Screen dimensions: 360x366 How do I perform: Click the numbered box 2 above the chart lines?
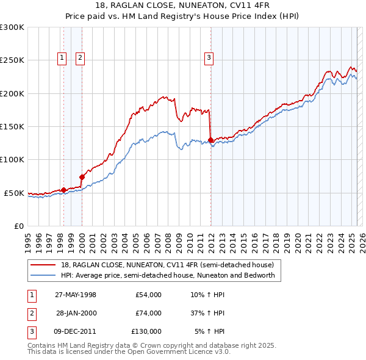point(81,58)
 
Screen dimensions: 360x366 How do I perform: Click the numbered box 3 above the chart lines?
point(209,58)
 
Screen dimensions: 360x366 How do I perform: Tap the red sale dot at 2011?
point(210,140)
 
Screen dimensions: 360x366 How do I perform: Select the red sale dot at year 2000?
point(82,177)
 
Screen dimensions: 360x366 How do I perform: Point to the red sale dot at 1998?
point(63,190)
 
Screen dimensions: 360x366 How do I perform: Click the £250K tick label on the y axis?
point(12,60)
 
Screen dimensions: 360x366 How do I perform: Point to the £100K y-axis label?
point(12,159)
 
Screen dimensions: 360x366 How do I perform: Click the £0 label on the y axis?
point(18,226)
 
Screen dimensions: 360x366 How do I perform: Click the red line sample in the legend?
point(43,265)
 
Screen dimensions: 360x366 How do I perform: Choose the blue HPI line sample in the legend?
point(43,275)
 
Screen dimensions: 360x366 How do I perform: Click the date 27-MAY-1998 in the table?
point(75,295)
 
